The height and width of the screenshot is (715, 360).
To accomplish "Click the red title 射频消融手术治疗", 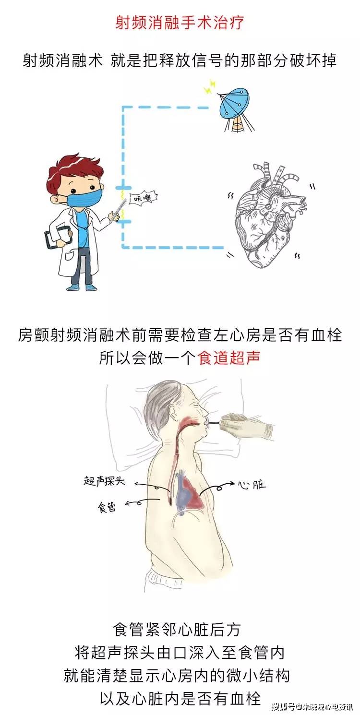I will tap(180, 23).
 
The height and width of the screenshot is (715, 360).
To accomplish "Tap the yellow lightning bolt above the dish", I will tap(209, 88).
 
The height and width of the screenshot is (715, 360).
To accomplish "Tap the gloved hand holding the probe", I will tap(250, 425).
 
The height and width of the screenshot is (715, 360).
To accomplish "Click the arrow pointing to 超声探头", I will tap(146, 486).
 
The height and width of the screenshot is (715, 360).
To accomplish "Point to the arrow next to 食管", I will tap(135, 503).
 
